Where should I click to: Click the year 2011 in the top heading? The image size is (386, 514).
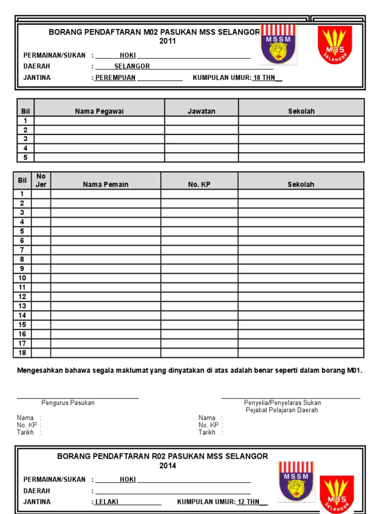[167, 41]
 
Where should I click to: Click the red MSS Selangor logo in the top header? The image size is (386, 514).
[334, 45]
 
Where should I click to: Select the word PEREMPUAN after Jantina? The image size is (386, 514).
[116, 78]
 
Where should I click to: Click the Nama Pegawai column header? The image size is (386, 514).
[99, 111]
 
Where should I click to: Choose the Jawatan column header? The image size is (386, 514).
[201, 111]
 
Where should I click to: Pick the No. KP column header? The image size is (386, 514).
[199, 184]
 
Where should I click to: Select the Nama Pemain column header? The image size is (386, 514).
[106, 184]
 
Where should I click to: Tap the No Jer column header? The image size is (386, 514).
[41, 180]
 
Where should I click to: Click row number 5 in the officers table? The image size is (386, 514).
[25, 157]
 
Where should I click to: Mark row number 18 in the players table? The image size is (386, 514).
[22, 353]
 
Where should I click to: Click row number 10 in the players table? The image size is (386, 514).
[22, 278]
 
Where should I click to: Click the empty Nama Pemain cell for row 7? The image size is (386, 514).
[106, 250]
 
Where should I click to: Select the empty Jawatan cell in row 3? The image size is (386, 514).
[201, 139]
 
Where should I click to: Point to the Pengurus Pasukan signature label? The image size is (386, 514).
[68, 403]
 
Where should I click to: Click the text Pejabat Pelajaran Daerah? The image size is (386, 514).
[281, 410]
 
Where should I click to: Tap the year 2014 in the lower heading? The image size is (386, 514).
[167, 466]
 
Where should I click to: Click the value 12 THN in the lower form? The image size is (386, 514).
[249, 501]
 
